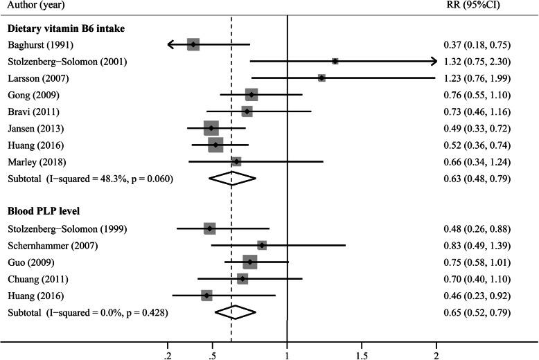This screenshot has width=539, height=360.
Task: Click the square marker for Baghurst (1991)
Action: (x=193, y=44)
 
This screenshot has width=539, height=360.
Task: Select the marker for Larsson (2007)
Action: (x=321, y=78)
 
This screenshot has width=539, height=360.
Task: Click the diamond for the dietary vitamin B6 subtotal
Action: (x=233, y=178)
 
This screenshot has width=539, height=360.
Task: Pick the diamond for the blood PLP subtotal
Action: (x=236, y=312)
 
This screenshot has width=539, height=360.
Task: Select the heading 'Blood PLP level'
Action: (x=46, y=211)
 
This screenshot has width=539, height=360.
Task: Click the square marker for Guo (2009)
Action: (x=250, y=262)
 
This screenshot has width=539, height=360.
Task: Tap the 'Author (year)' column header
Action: (x=35, y=6)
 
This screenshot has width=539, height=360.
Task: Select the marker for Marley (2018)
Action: (x=236, y=161)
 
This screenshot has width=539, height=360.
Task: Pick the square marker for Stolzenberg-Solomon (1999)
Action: (x=210, y=228)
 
